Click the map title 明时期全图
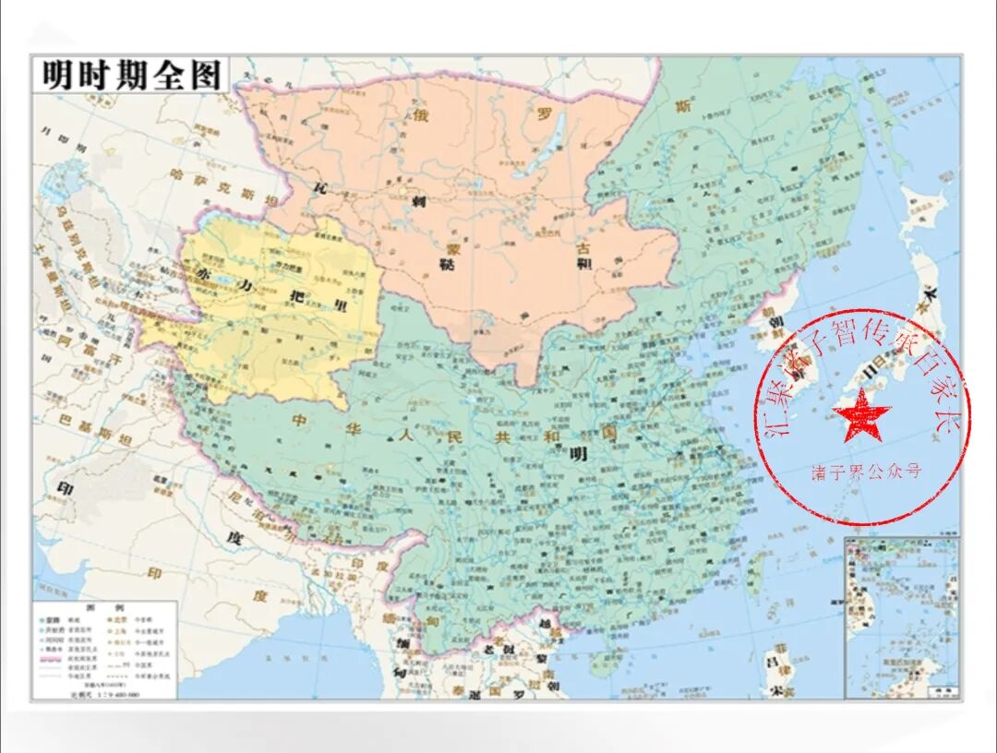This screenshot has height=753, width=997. (x=128, y=76)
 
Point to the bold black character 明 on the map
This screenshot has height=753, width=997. (x=579, y=453)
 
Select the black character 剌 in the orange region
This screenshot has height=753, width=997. (x=417, y=202)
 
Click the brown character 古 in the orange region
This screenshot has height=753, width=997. (x=583, y=247)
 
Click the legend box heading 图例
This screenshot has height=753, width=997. (x=103, y=607)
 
